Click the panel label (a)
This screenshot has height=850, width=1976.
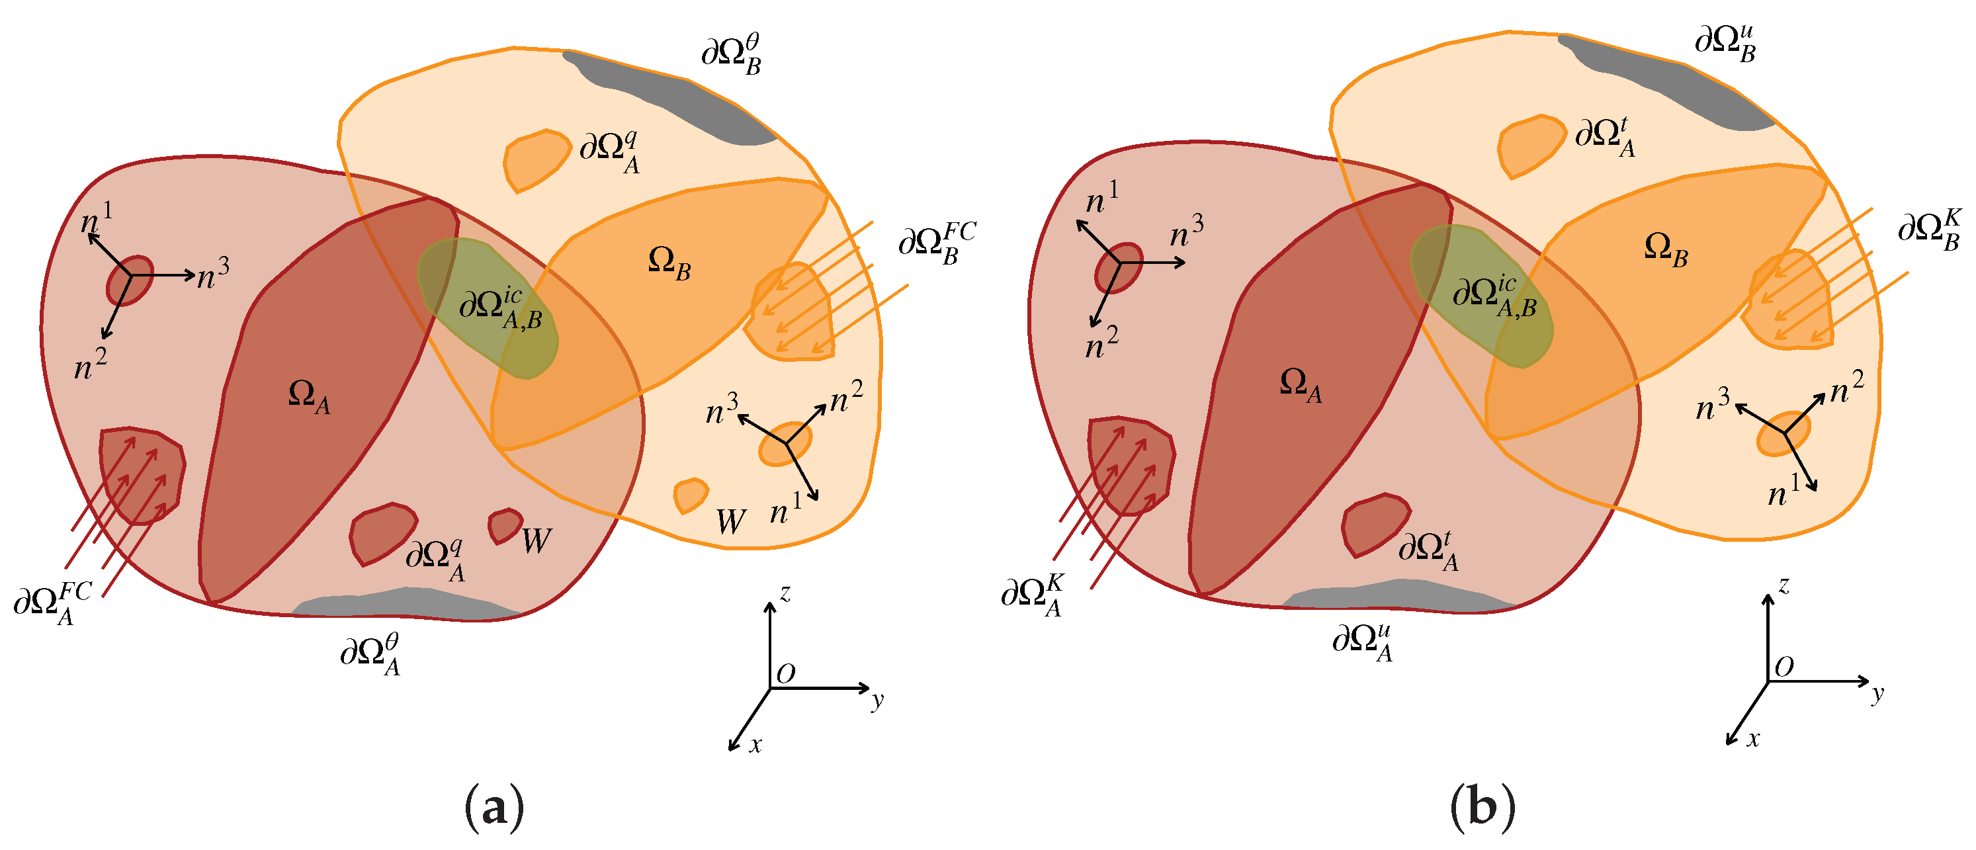[495, 808]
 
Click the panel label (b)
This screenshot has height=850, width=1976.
[1482, 808]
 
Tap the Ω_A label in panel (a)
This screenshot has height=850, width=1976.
[309, 397]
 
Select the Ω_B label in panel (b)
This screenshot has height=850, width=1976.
[1665, 250]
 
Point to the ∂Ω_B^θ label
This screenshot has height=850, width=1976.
[731, 54]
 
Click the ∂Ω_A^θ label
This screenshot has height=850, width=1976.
[370, 654]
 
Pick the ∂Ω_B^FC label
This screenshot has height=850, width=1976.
[937, 243]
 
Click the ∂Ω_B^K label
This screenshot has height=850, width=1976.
[1929, 230]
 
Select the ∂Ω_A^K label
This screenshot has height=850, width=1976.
[1033, 595]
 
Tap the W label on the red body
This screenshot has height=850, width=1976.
[537, 541]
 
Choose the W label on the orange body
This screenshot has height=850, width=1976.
[730, 522]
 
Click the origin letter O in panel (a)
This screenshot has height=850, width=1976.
[785, 674]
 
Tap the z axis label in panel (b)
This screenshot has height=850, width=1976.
[1783, 586]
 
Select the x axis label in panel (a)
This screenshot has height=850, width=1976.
[755, 745]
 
